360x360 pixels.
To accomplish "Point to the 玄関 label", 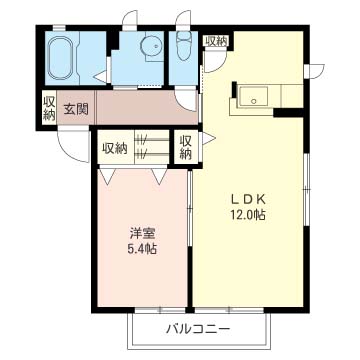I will [x=75, y=108].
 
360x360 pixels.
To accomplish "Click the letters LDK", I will [x=250, y=197].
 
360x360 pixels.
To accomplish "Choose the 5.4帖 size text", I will [x=141, y=249].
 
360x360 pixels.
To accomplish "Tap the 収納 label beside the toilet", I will [x=216, y=41].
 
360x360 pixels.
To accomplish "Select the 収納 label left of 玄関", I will [x=49, y=108].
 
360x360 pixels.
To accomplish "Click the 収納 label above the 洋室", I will [x=115, y=148].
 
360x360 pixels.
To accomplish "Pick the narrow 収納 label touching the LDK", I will [x=185, y=147].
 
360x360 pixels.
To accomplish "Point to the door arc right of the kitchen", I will [x=316, y=70].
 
